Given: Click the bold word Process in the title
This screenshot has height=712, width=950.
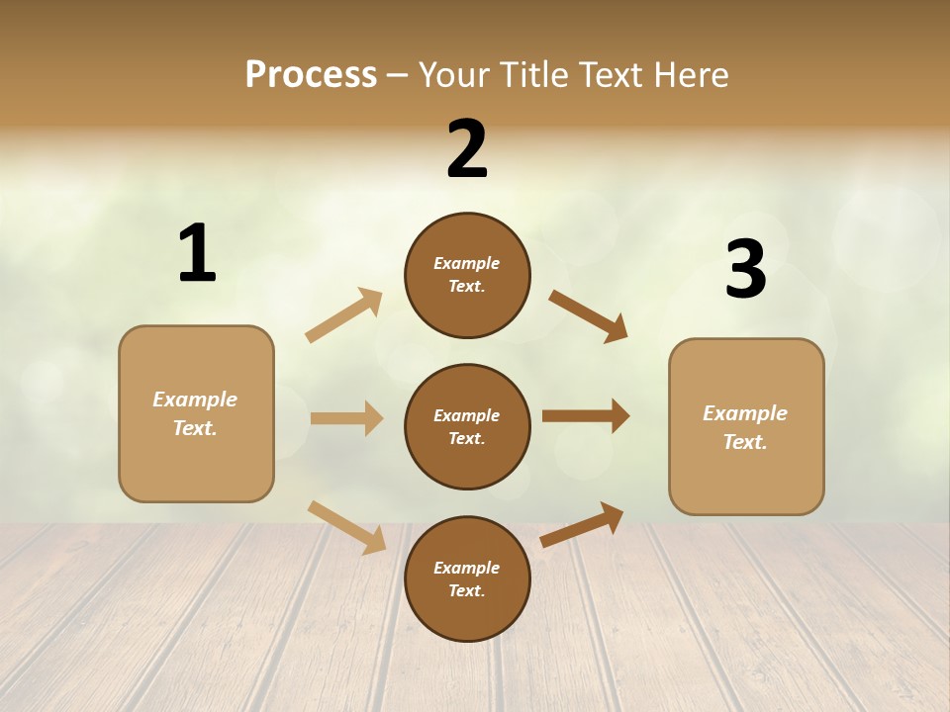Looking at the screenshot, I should coord(311,74).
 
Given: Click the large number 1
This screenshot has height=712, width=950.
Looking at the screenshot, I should coord(197,254).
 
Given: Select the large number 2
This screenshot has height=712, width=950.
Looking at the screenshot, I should coord(467,149).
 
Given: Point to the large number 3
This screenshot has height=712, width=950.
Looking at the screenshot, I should coord(745,269).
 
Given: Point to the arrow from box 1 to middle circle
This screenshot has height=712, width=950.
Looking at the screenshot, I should coord(346,418).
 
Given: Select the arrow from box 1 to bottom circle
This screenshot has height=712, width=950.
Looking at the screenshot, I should coord(346,527).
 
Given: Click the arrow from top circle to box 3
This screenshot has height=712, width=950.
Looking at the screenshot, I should coord(589,315).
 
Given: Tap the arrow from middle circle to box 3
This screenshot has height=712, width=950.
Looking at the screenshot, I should coord(586,415).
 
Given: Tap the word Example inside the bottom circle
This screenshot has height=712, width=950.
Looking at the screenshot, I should coord(467,568).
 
